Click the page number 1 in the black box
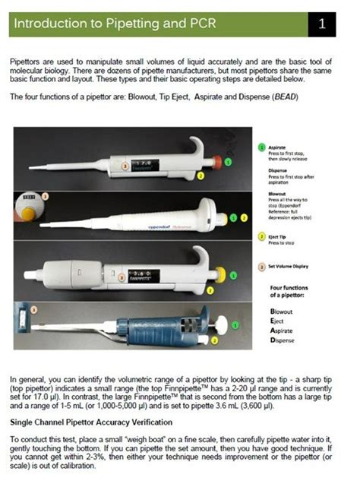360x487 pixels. (x=322, y=24)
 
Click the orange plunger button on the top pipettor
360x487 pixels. (x=217, y=161)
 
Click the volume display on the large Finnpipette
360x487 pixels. (x=144, y=271)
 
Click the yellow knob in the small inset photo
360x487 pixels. (x=27, y=213)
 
